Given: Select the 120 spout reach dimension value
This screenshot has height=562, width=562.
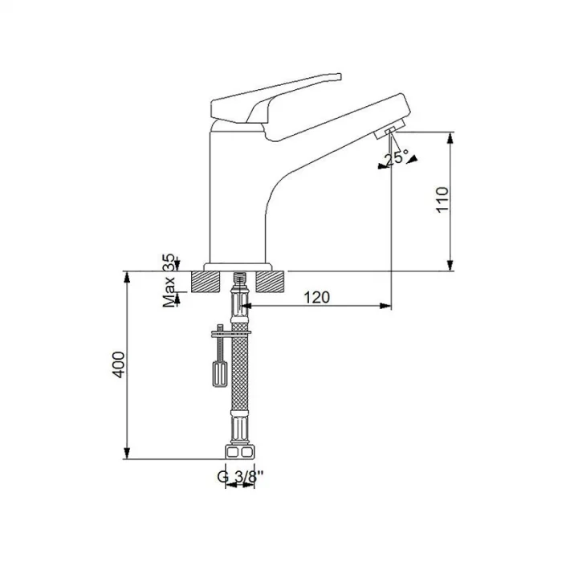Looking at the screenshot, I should pos(318,298).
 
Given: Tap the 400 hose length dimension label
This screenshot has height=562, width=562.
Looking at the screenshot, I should pos(119,365).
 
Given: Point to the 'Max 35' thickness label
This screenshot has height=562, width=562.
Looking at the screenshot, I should pos(169,281).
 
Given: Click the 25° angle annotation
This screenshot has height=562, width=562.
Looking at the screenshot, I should pos(396,158).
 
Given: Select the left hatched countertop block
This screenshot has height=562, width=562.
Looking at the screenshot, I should pos(210,280).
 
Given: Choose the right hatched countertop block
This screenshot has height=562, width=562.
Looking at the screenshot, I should pos(272,280).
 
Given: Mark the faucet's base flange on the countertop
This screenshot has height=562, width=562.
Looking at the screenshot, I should pos(240,266).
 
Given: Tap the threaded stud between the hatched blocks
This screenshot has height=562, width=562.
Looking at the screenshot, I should pos(238,280).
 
